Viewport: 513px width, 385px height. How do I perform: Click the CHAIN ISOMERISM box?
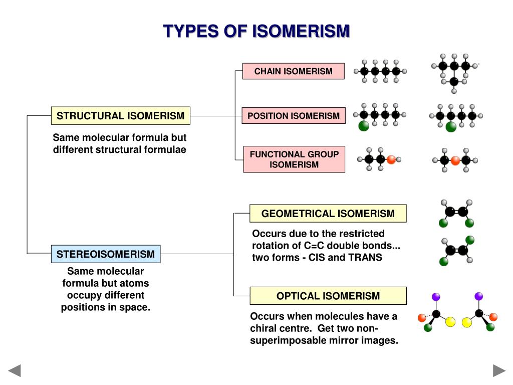(294, 71)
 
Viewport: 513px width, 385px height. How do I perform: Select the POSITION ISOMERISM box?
(294, 116)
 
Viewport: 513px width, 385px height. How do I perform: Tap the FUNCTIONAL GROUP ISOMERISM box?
(294, 159)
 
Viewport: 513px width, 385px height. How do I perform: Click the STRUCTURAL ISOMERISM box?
(120, 116)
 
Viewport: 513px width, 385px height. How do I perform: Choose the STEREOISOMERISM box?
(106, 254)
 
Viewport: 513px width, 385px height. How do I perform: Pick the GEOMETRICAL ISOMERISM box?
(328, 214)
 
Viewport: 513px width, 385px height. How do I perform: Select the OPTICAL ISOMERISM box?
(328, 296)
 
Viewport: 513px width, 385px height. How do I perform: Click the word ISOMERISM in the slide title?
(300, 31)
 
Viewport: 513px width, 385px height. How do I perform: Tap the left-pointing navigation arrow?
(15, 370)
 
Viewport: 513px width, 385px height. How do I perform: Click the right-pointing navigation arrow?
(499, 370)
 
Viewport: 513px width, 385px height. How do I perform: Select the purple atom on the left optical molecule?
(436, 297)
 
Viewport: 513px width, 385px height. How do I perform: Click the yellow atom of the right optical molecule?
(467, 322)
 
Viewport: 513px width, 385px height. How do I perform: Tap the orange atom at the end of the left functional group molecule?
(391, 159)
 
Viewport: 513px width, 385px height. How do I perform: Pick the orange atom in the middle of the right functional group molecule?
(455, 161)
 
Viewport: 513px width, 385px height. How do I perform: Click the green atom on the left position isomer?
(364, 126)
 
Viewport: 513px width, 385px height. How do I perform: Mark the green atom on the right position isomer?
(451, 126)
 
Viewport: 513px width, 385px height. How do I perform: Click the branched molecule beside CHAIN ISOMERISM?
(454, 73)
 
